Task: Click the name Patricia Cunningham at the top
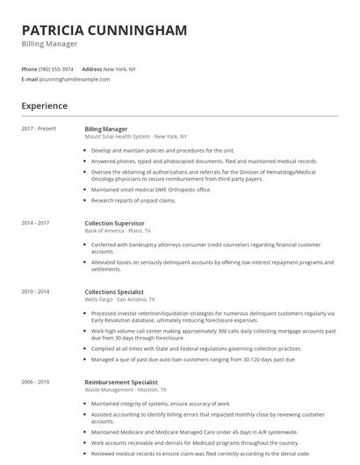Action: coord(104,31)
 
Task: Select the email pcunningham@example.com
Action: coord(75,79)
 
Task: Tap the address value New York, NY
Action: coord(121,68)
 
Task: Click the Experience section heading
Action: coord(44,106)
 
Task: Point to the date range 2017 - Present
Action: coord(39,128)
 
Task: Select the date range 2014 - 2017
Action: coord(36,223)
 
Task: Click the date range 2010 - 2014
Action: coord(36,291)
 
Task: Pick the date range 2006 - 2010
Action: coord(36,383)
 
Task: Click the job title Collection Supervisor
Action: coord(114,223)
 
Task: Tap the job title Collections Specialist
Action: coord(114,291)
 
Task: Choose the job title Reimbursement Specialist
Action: coord(121,383)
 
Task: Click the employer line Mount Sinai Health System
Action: coord(136,137)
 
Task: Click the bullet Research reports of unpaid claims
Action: coord(133,200)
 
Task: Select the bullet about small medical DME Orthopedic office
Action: coord(151,189)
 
